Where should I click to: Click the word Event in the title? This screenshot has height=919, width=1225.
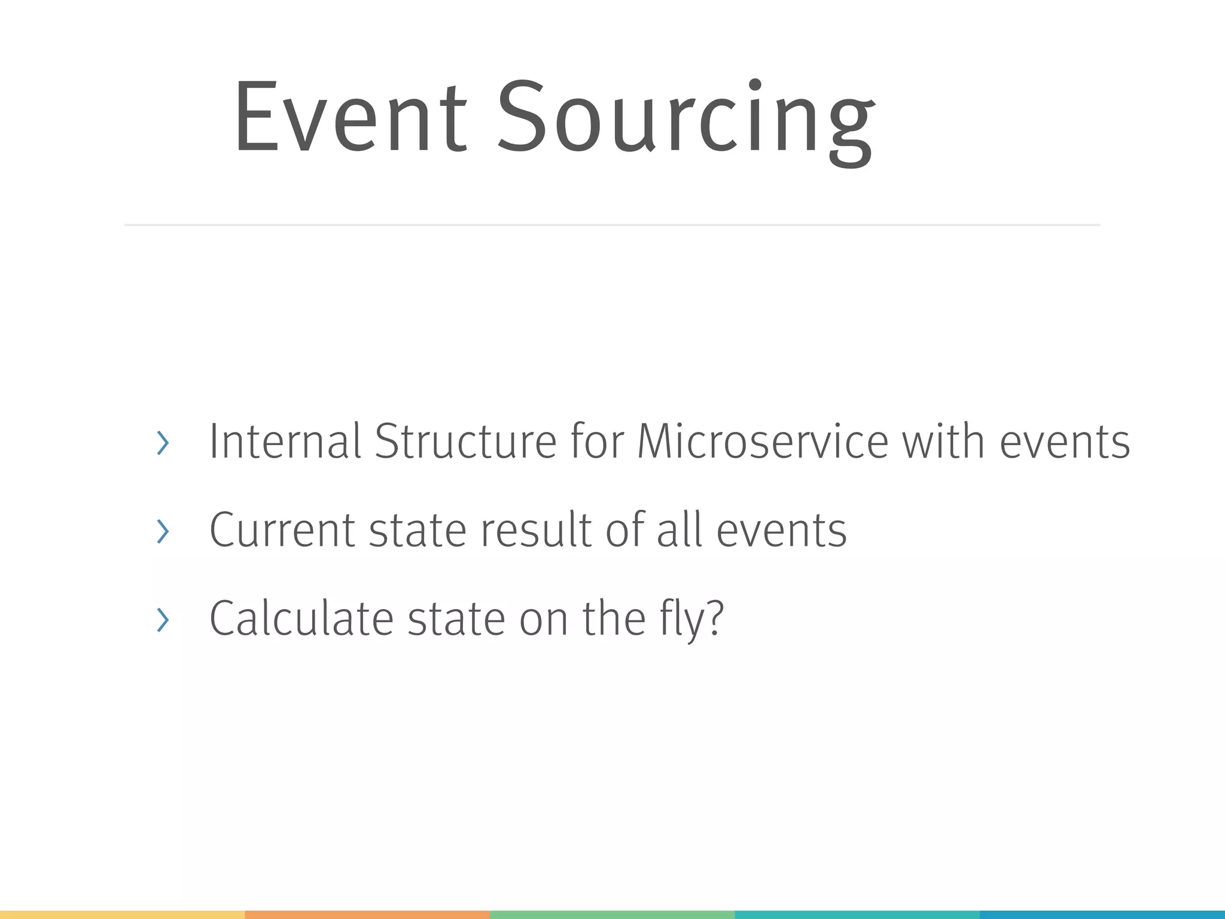pyautogui.click(x=350, y=117)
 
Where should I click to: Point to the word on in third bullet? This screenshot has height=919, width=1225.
pyautogui.click(x=543, y=620)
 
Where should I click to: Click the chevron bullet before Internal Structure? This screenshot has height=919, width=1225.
pyautogui.click(x=162, y=443)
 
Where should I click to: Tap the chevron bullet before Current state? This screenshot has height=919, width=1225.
pyautogui.click(x=162, y=531)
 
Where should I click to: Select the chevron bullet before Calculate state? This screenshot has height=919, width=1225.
pyautogui.click(x=162, y=620)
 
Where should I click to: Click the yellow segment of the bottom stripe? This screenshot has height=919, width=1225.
pyautogui.click(x=122, y=915)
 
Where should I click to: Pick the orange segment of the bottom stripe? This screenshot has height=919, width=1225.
pyautogui.click(x=367, y=915)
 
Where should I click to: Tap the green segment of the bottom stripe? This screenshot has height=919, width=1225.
pyautogui.click(x=612, y=915)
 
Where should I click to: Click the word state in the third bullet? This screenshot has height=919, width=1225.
pyautogui.click(x=456, y=619)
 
